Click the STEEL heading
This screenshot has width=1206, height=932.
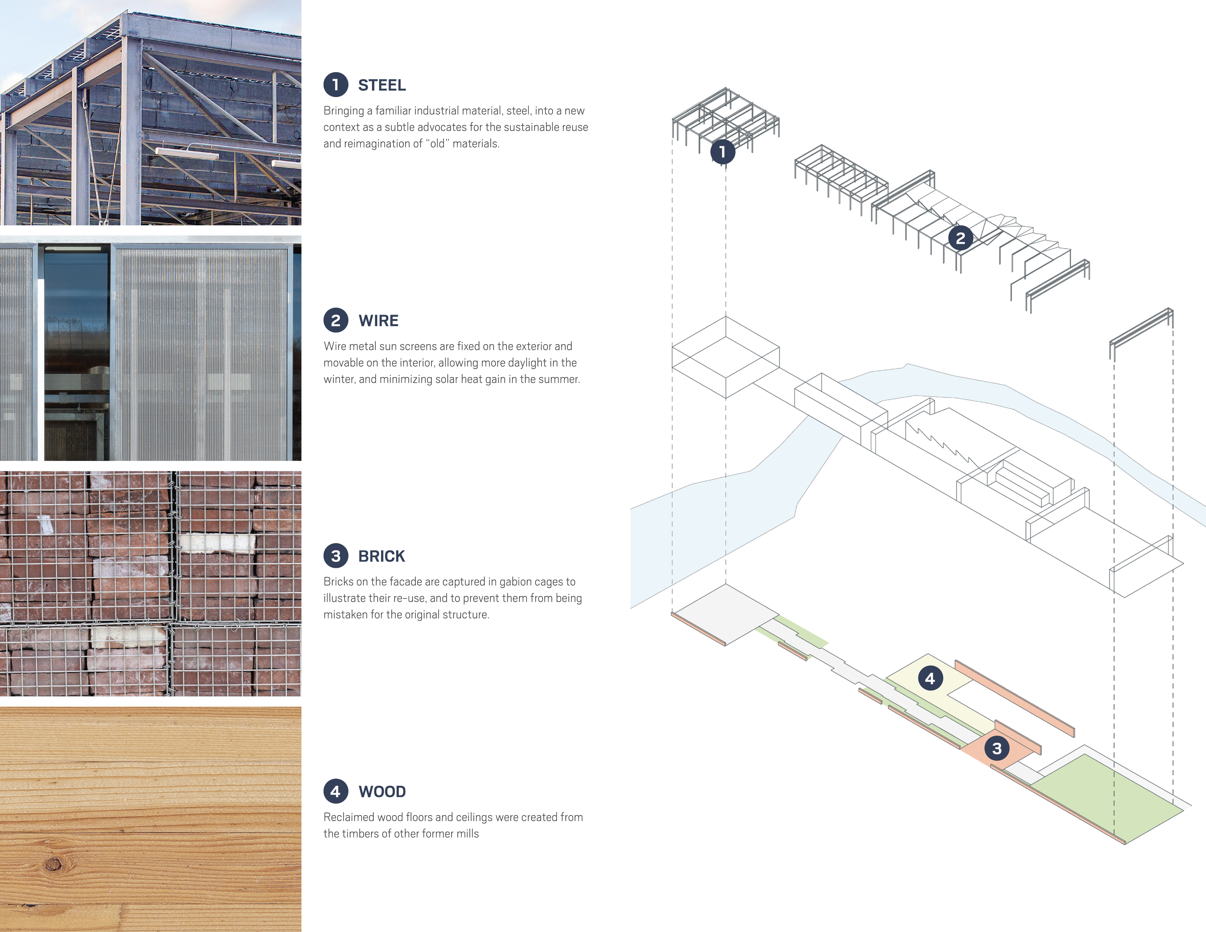pos(382,85)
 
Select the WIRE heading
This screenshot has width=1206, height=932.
pos(378,321)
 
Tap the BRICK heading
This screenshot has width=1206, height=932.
pos(382,556)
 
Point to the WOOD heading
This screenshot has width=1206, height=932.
pos(382,792)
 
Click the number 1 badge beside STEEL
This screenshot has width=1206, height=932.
pos(336,84)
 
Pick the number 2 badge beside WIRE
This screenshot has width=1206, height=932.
pos(336,320)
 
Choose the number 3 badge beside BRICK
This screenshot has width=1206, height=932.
pos(336,556)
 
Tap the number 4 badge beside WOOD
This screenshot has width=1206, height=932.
pos(336,791)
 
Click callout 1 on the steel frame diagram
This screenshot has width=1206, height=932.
pos(722,152)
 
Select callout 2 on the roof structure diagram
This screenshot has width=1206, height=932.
pos(960,238)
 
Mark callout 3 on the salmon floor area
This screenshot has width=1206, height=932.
pos(997,748)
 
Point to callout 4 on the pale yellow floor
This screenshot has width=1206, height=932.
pos(930,678)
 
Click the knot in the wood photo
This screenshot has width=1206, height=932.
pos(53,863)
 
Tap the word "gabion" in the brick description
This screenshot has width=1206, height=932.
pos(516,582)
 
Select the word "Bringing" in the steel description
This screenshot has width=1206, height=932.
pos(343,111)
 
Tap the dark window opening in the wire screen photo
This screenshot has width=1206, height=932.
pos(76,354)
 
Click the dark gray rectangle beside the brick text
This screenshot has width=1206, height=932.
pos(561,619)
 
